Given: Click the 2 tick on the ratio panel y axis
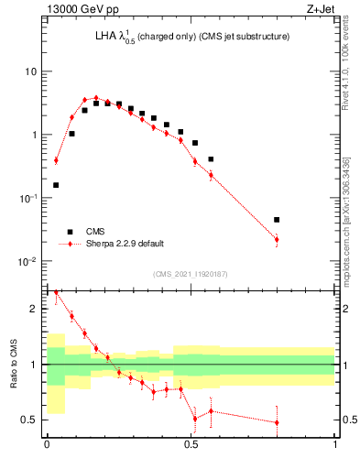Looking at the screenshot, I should tap(36, 310).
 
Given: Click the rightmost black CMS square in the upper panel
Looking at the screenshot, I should tap(277, 220).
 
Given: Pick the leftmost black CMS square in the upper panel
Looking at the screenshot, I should tap(56, 185).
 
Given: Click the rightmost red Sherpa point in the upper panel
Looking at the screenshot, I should tap(277, 239).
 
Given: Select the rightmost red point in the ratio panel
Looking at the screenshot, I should tap(277, 422).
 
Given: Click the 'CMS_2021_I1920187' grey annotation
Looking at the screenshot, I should tap(191, 273).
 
